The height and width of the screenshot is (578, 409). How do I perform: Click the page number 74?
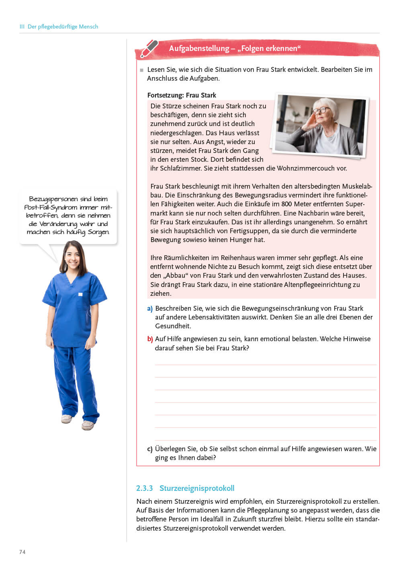[x=22, y=552]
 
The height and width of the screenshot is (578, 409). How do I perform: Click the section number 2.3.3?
[x=144, y=488]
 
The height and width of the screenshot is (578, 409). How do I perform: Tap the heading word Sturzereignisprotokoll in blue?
[x=196, y=488]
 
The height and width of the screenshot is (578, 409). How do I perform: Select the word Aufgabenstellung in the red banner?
[x=199, y=49]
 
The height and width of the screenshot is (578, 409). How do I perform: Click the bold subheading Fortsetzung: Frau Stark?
[x=182, y=95]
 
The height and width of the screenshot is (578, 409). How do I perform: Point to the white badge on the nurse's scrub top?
[x=80, y=295]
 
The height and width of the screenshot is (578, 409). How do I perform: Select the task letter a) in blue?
[x=150, y=309]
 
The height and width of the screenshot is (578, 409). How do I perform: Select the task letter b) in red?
[x=150, y=339]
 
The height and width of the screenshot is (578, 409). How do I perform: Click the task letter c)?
[x=150, y=449]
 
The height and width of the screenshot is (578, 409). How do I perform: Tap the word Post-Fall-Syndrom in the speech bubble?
[x=51, y=208]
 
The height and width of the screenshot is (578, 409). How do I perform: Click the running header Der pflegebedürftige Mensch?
[x=63, y=26]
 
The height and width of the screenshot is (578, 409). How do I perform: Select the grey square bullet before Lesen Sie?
[x=141, y=70]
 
